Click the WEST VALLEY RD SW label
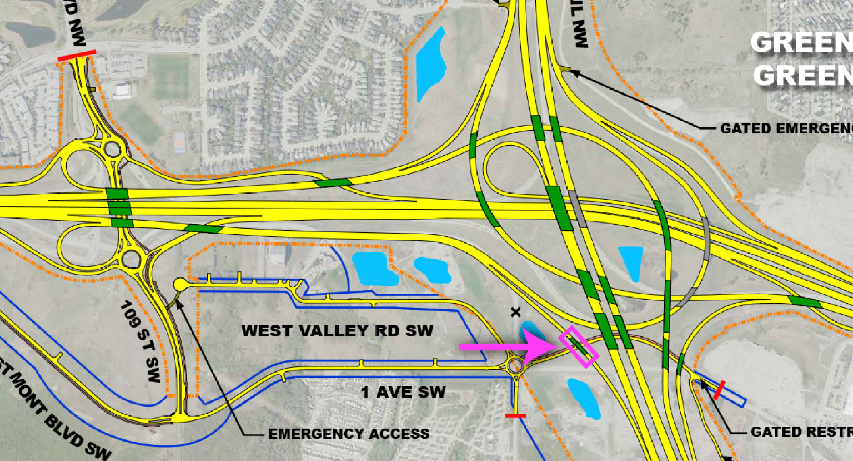337,331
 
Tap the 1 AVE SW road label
403,393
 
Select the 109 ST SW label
141,342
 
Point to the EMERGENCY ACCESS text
349,434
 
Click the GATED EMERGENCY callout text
786,129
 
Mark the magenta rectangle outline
579,348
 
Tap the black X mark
516,313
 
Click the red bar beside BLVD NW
77,56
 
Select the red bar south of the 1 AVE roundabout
516,415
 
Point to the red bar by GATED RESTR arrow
719,390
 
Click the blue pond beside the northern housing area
431,64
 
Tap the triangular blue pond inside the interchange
631,262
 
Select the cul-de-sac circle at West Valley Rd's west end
180,285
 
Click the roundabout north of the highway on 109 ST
113,149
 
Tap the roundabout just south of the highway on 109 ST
132,258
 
